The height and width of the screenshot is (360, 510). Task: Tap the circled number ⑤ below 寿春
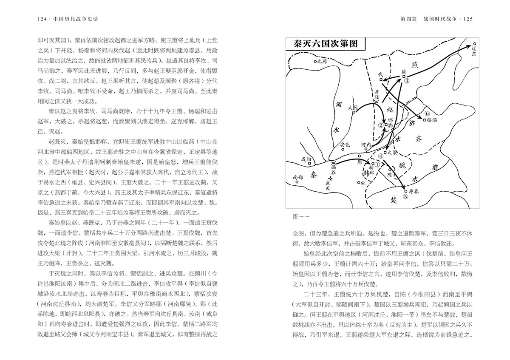[405, 197]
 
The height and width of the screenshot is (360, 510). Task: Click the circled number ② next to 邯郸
[381, 125]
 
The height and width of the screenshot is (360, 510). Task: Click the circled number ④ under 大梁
[381, 156]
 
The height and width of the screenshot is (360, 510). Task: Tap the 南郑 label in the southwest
[298, 177]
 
